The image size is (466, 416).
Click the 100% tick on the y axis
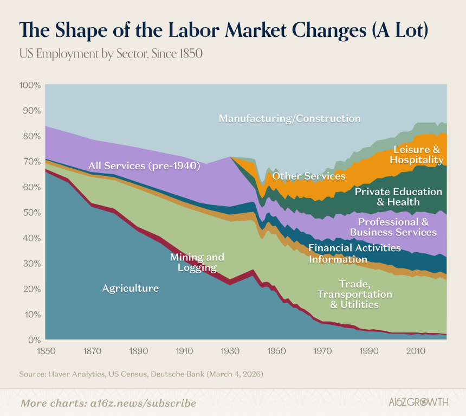coord(30,85)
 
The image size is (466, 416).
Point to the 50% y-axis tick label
coord(32,213)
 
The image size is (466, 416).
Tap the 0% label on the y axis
coord(35,340)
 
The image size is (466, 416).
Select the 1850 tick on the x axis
coord(46,351)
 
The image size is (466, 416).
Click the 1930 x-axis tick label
coord(230,351)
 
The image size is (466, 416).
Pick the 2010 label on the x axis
coord(416,351)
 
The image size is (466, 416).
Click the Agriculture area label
coord(131,289)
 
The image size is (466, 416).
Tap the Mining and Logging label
coord(197,262)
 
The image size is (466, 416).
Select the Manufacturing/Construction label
coord(290,118)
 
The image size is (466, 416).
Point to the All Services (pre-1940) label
coord(145,166)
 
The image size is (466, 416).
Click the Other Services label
coord(309,176)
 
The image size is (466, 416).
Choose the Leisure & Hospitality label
coord(417,155)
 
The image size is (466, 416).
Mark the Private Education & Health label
coord(398,197)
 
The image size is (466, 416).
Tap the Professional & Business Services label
coord(393,227)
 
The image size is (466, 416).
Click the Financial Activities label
coord(354,247)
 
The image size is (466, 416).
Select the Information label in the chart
coord(338,259)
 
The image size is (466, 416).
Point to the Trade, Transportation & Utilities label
coord(354,294)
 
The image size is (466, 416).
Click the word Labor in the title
coord(194,30)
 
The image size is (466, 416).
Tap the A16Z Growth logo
coord(418,402)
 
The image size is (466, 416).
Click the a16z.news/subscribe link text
coord(143,403)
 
